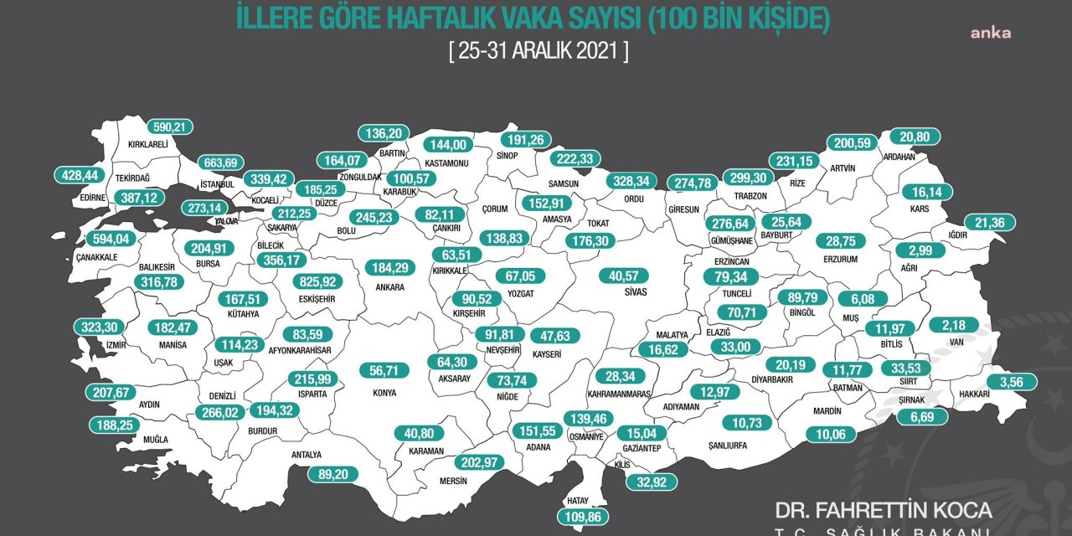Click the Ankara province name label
[390, 287]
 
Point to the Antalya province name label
[307, 455]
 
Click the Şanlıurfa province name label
[726, 446]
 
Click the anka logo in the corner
[991, 33]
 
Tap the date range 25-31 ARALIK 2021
[539, 50]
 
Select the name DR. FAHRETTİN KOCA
[884, 509]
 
